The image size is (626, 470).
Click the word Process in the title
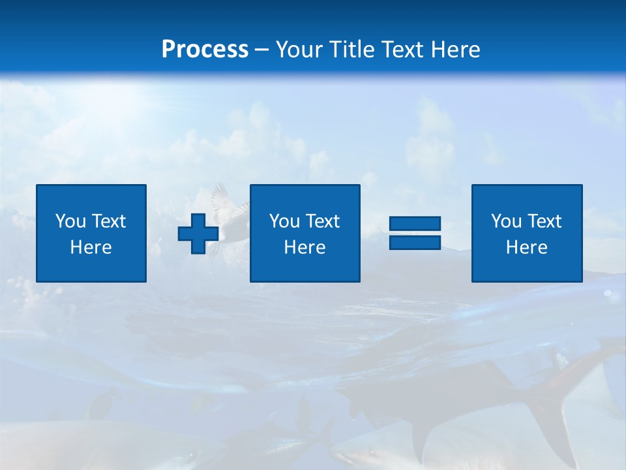point(205,49)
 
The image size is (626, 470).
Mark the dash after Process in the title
point(262,50)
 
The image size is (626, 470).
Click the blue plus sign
point(198,234)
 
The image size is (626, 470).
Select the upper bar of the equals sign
point(415,223)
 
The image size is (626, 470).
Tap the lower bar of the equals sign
point(415,242)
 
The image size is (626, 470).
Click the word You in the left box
point(70,221)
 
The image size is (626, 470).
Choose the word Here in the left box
point(91,247)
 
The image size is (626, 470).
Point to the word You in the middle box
point(284,221)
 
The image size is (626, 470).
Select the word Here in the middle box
point(305,247)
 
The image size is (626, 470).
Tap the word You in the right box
point(506,221)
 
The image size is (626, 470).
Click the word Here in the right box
point(527,247)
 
